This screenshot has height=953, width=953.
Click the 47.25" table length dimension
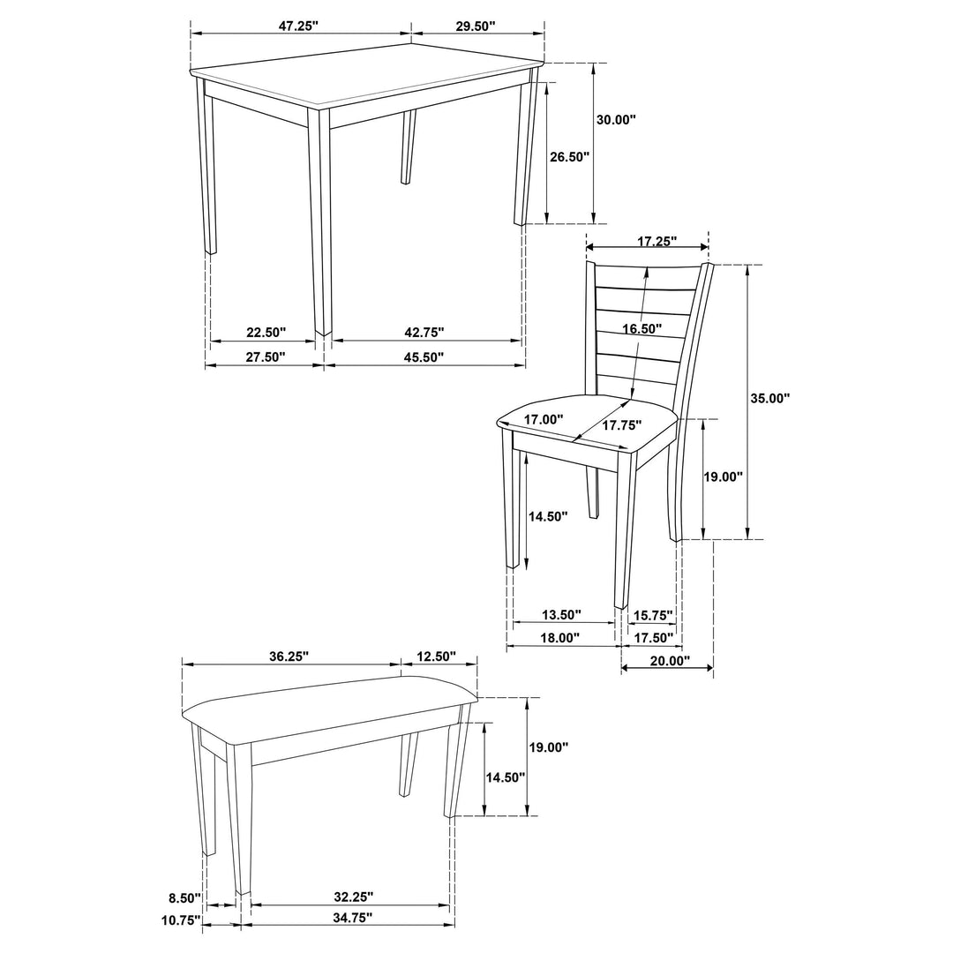[x=298, y=26]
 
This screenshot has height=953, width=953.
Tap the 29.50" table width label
[x=475, y=26]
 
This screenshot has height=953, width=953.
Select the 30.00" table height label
[x=616, y=120]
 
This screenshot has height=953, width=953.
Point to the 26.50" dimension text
[x=569, y=156]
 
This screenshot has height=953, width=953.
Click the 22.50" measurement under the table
[x=266, y=333]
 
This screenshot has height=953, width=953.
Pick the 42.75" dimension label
[x=424, y=333]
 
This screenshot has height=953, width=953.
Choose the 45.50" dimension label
[x=424, y=357]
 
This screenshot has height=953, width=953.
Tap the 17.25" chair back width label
[x=656, y=240]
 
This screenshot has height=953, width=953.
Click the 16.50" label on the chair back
[x=641, y=328]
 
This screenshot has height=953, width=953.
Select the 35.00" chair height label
[x=769, y=398]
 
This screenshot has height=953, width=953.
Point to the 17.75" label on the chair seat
[x=622, y=425]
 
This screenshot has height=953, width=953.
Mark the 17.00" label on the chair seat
[x=544, y=421]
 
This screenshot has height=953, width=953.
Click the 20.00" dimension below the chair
[x=669, y=660]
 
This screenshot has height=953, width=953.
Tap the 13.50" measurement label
[x=561, y=614]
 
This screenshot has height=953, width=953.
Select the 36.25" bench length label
[x=289, y=657]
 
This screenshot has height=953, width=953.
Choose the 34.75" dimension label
[x=353, y=918]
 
